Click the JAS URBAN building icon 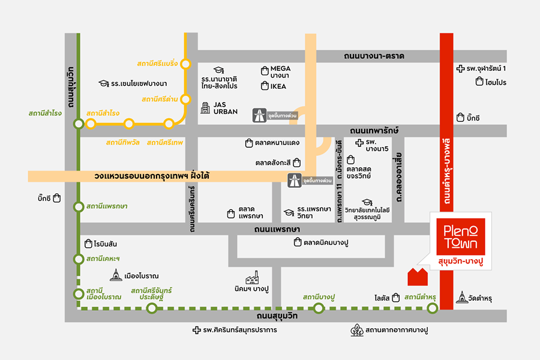pyautogui.click(x=205, y=107)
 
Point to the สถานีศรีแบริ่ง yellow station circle pyautogui.click(x=186, y=64)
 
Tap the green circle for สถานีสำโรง pyautogui.click(x=79, y=124)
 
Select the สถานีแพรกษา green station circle pyautogui.click(x=79, y=207)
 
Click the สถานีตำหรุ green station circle pyautogui.click(x=432, y=309)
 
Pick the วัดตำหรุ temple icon pyautogui.click(x=462, y=296)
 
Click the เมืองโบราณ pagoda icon pyautogui.click(x=116, y=275)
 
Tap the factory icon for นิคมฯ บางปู pyautogui.click(x=252, y=278)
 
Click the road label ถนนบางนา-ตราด pyautogui.click(x=374, y=56)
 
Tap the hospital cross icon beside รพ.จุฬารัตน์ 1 pyautogui.click(x=460, y=68)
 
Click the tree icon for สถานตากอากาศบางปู pyautogui.click(x=357, y=330)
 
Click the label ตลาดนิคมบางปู pyautogui.click(x=326, y=242)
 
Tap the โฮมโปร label pyautogui.click(x=496, y=82)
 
